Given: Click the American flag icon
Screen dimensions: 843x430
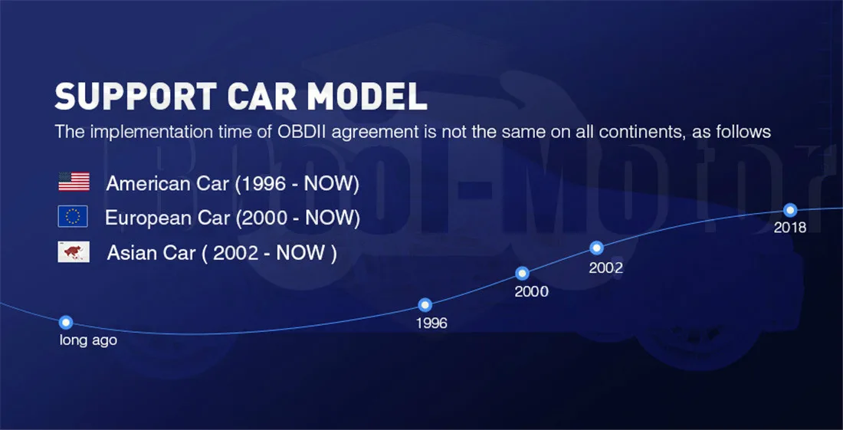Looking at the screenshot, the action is (74, 182).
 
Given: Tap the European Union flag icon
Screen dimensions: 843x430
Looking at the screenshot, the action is (73, 216).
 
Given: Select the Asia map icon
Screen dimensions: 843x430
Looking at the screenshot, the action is (74, 251).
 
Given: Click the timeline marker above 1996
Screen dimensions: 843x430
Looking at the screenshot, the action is (425, 305).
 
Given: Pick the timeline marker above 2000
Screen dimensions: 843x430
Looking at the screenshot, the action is (522, 273).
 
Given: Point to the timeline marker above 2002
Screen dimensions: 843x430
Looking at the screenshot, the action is (596, 248).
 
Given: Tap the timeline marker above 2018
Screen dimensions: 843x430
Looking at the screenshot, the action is (790, 209).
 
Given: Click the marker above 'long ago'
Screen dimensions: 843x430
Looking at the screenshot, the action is (66, 322).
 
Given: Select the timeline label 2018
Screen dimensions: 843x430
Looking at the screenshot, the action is (790, 228).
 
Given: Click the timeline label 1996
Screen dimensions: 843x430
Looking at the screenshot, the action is (431, 323).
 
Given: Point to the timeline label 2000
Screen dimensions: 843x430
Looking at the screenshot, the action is (531, 291).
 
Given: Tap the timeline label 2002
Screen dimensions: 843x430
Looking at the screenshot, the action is (605, 268).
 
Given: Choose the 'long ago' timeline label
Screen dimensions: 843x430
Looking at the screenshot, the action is (88, 340).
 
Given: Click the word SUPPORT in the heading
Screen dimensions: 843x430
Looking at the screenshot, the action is (136, 97).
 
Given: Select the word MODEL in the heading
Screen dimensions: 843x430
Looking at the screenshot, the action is (371, 97).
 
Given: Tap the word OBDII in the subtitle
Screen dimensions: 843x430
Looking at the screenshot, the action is (302, 132).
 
